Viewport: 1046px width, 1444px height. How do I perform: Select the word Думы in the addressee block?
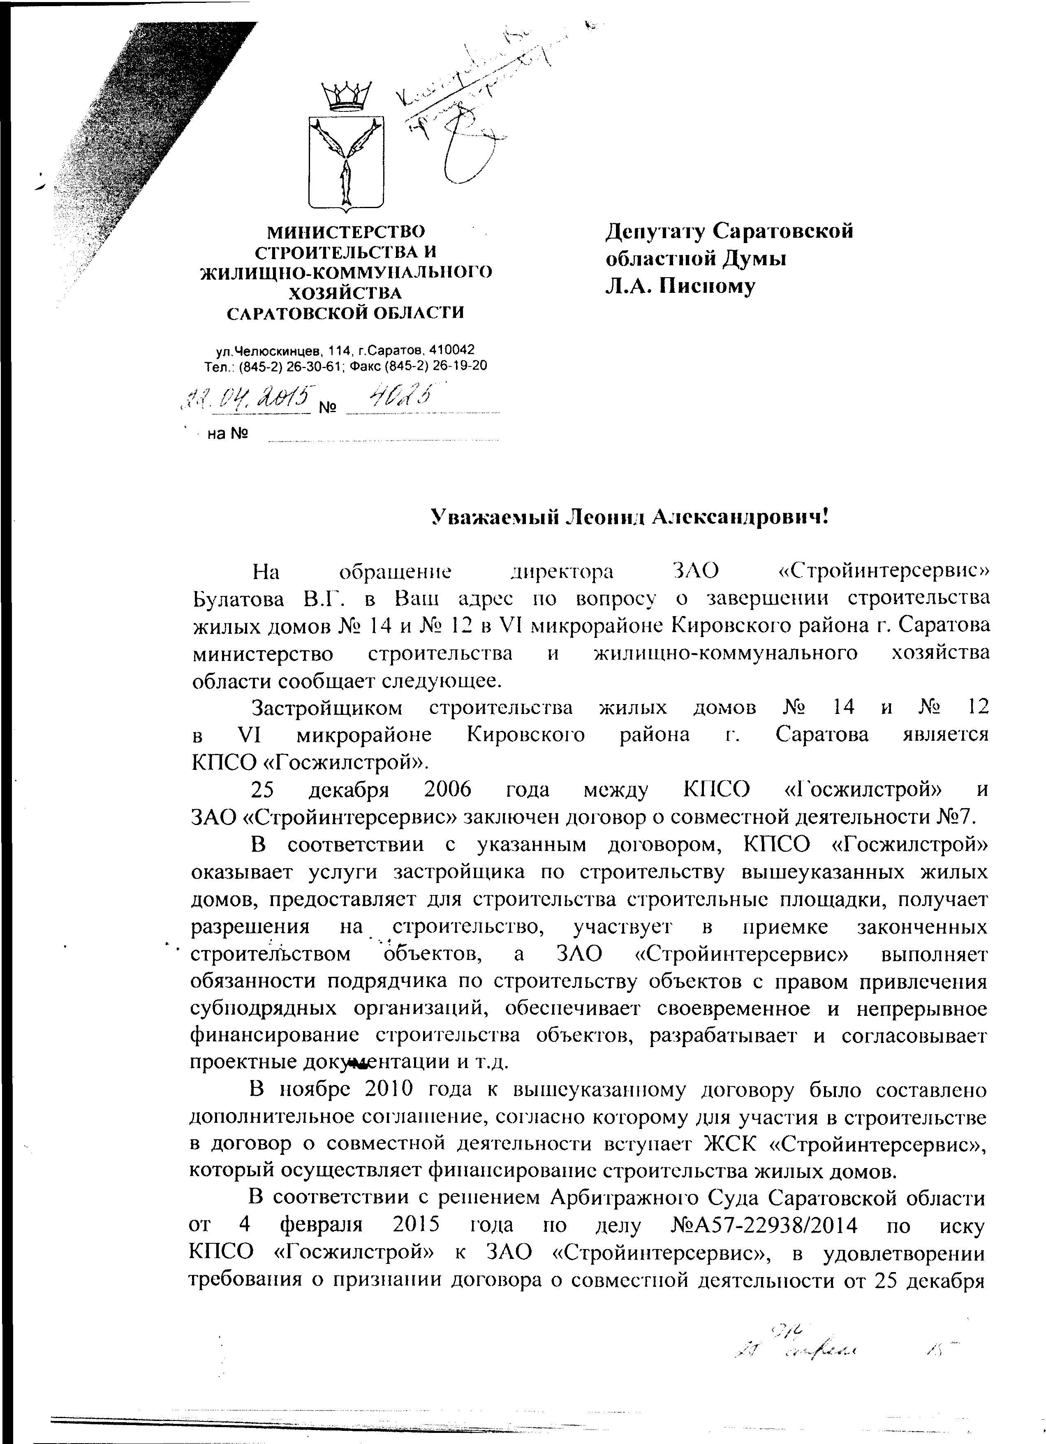pos(754,259)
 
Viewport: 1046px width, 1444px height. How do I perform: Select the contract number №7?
pos(955,817)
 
